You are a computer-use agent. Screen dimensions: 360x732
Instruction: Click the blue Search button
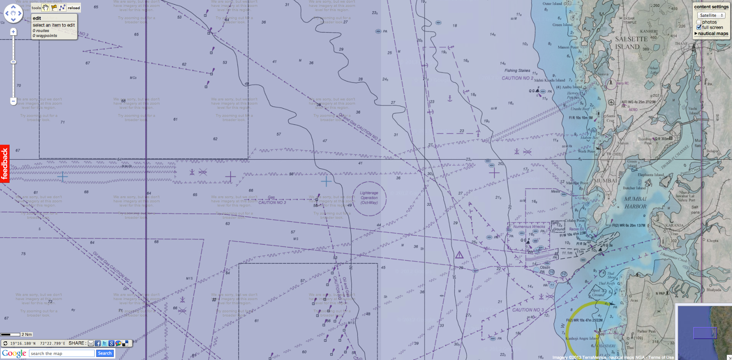coord(104,353)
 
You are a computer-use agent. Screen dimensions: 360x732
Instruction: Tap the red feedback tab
coord(5,164)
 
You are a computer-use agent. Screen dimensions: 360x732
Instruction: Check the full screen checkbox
coord(699,27)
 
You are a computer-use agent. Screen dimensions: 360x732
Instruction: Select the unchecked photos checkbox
coord(699,22)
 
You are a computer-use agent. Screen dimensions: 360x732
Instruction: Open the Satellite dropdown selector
coord(711,15)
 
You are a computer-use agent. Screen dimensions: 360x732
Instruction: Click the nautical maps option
coord(712,33)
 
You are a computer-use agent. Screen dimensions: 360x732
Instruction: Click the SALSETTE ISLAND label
coord(631,43)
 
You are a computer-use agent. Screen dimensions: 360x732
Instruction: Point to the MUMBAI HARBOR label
coord(635,203)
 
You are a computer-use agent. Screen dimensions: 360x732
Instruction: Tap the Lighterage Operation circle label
coord(369,198)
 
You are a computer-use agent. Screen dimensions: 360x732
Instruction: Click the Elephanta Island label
coord(651,175)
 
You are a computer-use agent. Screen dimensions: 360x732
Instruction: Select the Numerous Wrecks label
coord(529,226)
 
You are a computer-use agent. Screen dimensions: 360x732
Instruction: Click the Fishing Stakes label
coord(517,70)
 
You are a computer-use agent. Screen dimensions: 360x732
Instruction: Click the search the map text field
coord(62,353)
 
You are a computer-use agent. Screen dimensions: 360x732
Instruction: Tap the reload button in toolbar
coord(74,8)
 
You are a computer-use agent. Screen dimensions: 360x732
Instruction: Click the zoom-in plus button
coord(13,32)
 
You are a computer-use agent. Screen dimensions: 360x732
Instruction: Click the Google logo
coord(14,353)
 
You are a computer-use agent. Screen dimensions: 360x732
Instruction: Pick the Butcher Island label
coord(634,188)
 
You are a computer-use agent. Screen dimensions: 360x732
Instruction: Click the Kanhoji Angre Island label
coord(581,339)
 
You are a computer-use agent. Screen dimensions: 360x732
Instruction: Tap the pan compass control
coord(13,13)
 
